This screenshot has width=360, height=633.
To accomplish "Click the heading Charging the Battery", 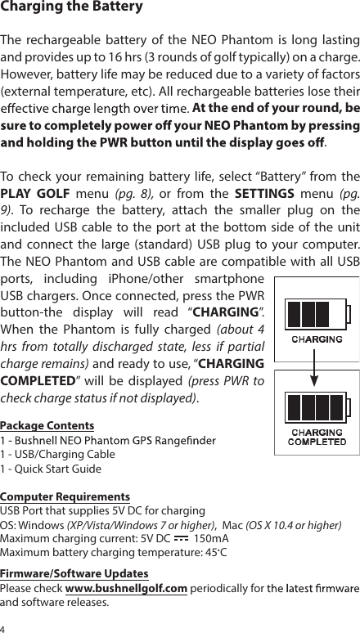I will click(72, 8).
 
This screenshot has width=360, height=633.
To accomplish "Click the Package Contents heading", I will click(47, 425).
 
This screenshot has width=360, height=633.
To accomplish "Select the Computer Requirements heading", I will click(65, 496).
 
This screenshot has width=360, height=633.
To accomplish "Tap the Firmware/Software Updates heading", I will click(74, 573).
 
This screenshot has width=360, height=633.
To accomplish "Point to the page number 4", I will click(3, 627).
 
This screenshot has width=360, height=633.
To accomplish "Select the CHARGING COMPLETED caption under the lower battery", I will click(318, 437).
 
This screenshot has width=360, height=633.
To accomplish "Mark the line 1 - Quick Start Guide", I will click(51, 469).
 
